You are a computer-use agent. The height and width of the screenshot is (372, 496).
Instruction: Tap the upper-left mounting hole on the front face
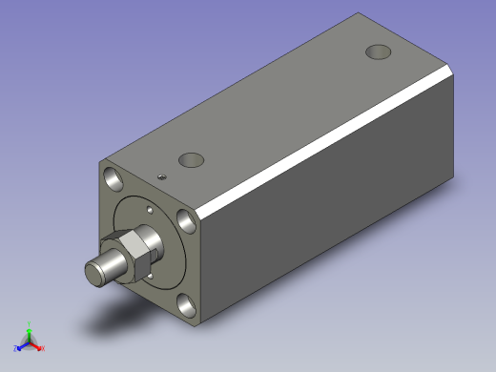[x=114, y=177]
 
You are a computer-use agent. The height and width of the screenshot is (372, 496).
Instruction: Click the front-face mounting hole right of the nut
[x=187, y=221]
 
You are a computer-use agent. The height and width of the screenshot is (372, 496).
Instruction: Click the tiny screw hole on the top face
[x=163, y=176]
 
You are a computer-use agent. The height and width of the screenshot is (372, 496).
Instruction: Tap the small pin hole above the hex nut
[x=150, y=209]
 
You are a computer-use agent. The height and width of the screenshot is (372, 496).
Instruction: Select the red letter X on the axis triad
[x=42, y=348]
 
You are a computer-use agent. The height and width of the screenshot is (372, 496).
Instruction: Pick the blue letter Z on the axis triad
[x=16, y=348]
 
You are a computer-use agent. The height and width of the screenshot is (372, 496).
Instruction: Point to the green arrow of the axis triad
[x=30, y=333]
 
